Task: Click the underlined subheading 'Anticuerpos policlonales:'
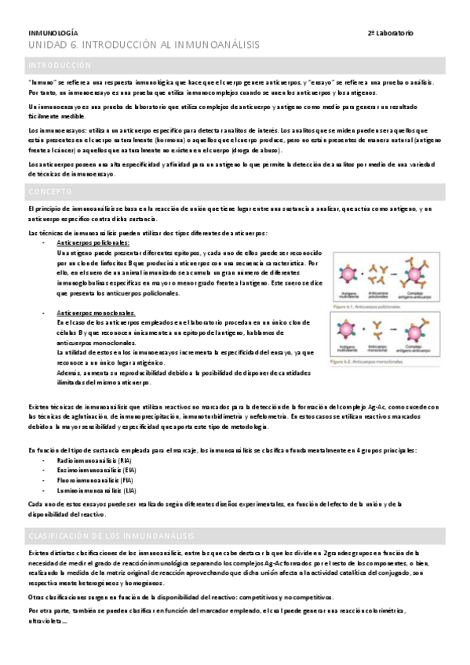[94, 243]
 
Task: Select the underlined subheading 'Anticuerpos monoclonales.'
[97, 313]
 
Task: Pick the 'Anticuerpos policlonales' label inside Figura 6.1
[382, 296]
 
